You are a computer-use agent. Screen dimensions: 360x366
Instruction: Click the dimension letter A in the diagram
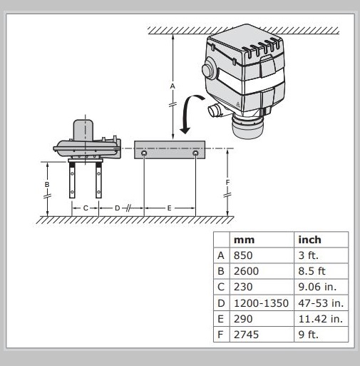[173, 86]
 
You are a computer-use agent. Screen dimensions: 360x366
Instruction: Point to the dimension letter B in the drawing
[47, 185]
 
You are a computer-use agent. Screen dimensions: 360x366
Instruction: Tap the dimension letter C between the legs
[86, 208]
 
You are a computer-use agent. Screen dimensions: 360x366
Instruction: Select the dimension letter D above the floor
[117, 208]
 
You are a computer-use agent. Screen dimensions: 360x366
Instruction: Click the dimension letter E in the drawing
[169, 208]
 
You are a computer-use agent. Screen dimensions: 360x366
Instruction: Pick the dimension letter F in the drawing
[227, 183]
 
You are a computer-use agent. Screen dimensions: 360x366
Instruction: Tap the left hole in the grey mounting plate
[144, 153]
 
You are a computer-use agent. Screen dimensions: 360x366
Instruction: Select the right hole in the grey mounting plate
[195, 153]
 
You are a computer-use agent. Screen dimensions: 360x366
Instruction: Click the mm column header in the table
[244, 240]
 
